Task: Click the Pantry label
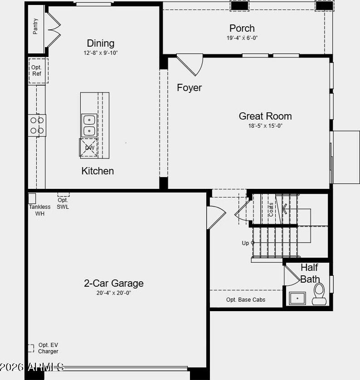point(35,26)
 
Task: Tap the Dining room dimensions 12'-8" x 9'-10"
point(101,53)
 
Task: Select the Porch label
point(242,29)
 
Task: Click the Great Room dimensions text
point(265,126)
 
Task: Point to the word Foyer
point(189,88)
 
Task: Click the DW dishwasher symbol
point(88,148)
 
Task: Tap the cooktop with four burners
point(37,125)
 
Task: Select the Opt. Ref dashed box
point(39,71)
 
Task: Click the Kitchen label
point(97,171)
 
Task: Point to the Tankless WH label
point(40,210)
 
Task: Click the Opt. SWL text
point(63,203)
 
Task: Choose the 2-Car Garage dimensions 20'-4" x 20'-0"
point(113,293)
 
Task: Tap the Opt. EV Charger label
point(48,348)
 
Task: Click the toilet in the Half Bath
point(319,294)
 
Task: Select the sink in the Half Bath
point(297,298)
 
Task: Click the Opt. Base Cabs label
point(246,300)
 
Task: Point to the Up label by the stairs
point(245,243)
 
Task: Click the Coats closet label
point(271,210)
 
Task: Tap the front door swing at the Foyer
point(190,64)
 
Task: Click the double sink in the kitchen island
point(89,125)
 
